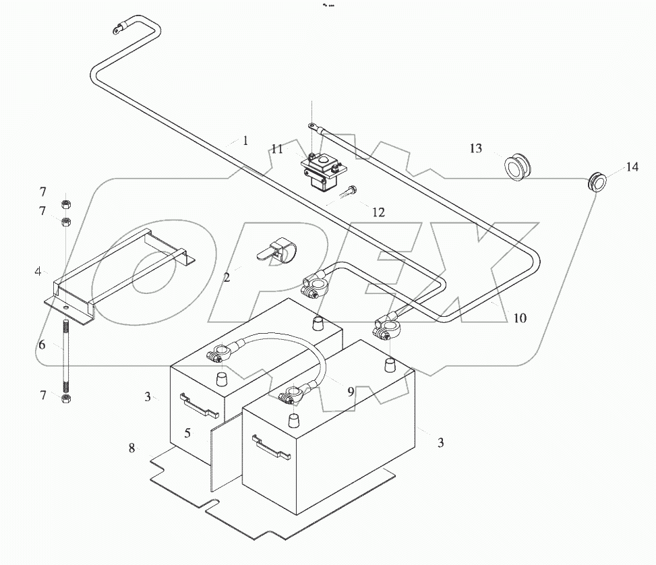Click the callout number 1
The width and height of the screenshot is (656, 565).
click(246, 141)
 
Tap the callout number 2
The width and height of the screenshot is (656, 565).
click(227, 277)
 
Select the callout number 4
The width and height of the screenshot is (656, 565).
click(38, 271)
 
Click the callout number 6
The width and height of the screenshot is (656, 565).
click(42, 345)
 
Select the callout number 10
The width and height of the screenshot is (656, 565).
click(519, 318)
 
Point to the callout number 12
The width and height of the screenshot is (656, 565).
click(378, 212)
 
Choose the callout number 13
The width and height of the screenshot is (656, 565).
click(476, 148)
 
